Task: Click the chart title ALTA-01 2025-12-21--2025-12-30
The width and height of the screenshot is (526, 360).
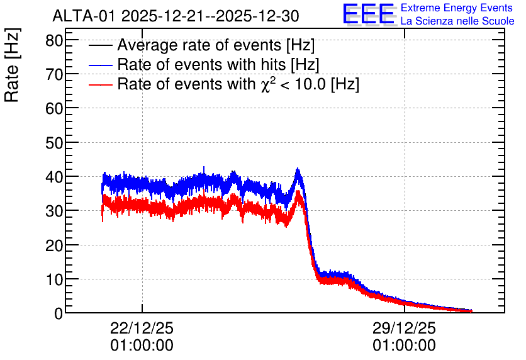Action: pyautogui.click(x=176, y=16)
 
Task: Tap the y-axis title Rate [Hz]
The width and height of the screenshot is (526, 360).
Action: pyautogui.click(x=12, y=65)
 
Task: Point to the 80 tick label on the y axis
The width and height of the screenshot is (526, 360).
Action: pyautogui.click(x=54, y=42)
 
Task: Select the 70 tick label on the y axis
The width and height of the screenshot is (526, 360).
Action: pyautogui.click(x=54, y=74)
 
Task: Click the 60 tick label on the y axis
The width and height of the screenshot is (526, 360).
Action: pyautogui.click(x=54, y=109)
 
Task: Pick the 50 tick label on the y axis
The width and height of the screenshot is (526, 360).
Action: pyautogui.click(x=54, y=143)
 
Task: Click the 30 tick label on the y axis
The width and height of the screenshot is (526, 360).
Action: pyautogui.click(x=54, y=211)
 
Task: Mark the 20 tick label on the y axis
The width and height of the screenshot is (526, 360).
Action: pyautogui.click(x=54, y=245)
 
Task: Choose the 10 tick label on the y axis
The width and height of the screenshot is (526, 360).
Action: pyautogui.click(x=54, y=279)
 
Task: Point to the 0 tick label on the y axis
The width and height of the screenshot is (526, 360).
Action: pyautogui.click(x=59, y=313)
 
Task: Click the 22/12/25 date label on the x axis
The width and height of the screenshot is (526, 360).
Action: pyautogui.click(x=142, y=328)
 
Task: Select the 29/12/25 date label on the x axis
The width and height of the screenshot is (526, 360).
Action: pyautogui.click(x=404, y=328)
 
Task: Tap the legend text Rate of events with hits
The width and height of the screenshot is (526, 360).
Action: pyautogui.click(x=218, y=65)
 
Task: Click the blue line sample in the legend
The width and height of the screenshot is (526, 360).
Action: pyautogui.click(x=101, y=65)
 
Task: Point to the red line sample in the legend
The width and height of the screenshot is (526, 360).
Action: pyautogui.click(x=101, y=85)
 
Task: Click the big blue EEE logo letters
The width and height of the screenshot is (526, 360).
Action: pyautogui.click(x=369, y=14)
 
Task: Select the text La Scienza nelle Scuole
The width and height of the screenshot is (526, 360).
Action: pyautogui.click(x=457, y=21)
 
